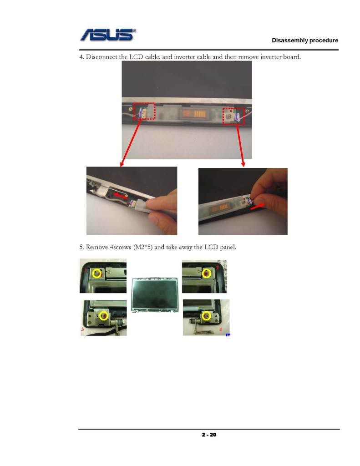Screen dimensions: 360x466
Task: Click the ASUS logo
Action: click(x=108, y=35)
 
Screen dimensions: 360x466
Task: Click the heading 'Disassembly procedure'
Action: click(x=305, y=41)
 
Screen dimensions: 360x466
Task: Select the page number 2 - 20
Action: click(x=209, y=435)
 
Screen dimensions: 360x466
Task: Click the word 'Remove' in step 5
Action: click(x=96, y=247)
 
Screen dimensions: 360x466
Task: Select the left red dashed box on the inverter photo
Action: click(x=144, y=111)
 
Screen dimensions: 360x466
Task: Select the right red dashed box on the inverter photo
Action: click(x=233, y=116)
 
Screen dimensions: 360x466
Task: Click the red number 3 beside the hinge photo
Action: click(x=83, y=329)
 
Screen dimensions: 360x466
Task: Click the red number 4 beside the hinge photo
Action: click(x=221, y=329)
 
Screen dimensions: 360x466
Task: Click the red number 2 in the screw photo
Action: click(x=218, y=268)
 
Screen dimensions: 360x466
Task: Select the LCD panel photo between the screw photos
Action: click(x=155, y=295)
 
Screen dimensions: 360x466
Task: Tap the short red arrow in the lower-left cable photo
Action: click(x=120, y=196)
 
